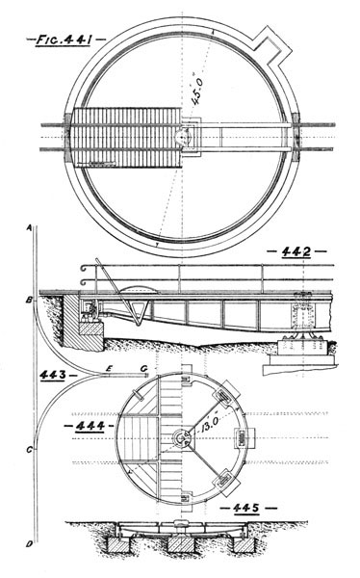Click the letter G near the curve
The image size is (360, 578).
tap(144, 368)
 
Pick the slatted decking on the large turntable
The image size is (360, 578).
tap(125, 141)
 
